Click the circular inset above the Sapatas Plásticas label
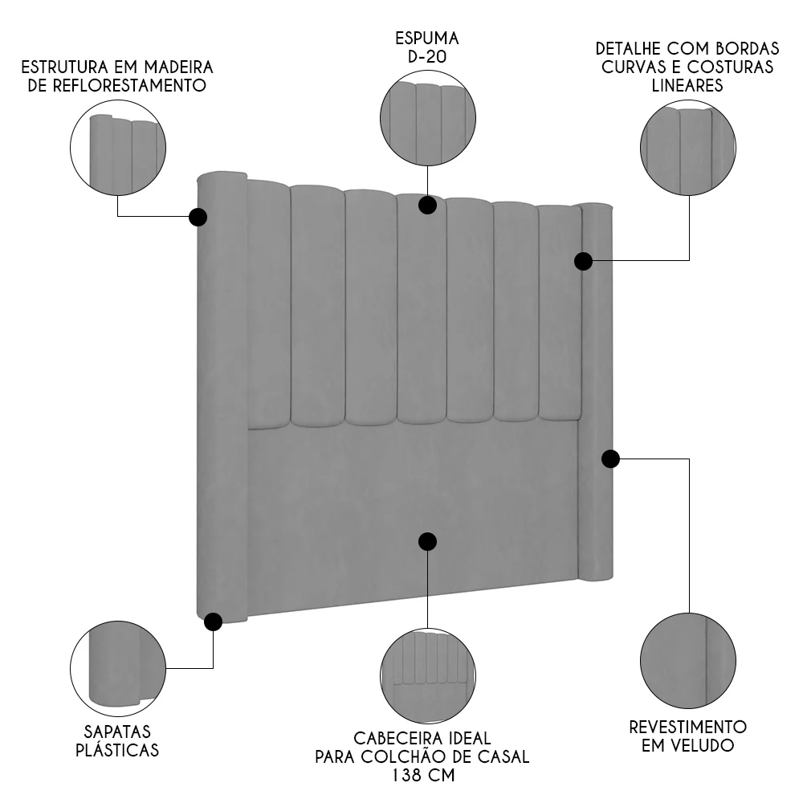(118, 666)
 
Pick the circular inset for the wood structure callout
(118, 148)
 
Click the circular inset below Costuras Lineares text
(688, 147)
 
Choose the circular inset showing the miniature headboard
(427, 675)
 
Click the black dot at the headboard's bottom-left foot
(213, 622)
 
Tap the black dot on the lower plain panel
(427, 541)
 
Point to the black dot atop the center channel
(427, 205)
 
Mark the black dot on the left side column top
(198, 217)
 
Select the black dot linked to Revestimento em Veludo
(610, 459)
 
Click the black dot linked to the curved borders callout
(584, 261)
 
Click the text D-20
(426, 57)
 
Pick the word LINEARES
(687, 85)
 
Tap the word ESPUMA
(426, 38)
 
